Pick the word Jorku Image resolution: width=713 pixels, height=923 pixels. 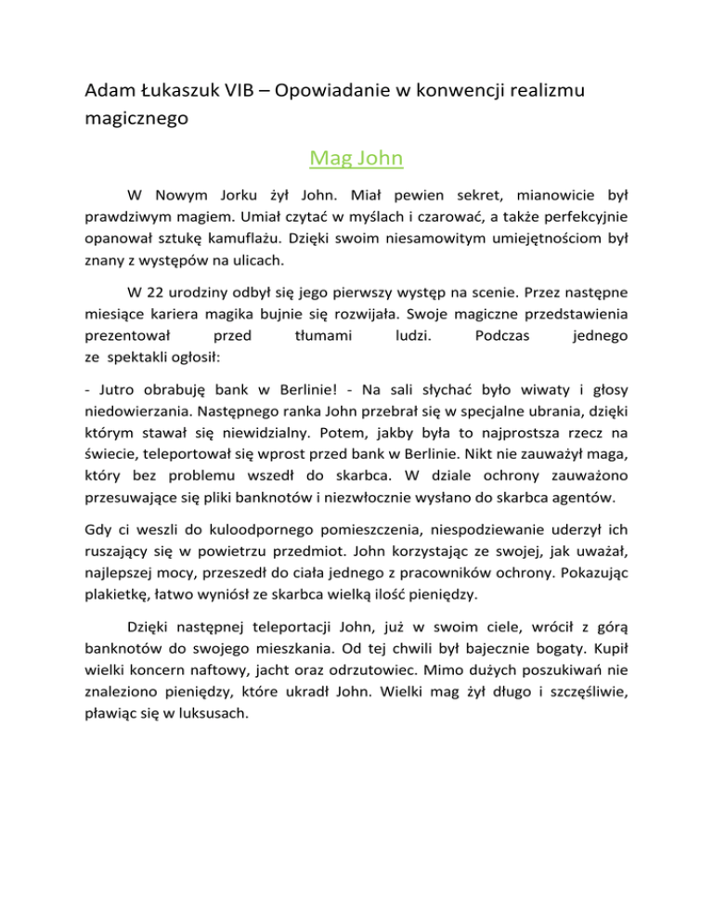point(244,196)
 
